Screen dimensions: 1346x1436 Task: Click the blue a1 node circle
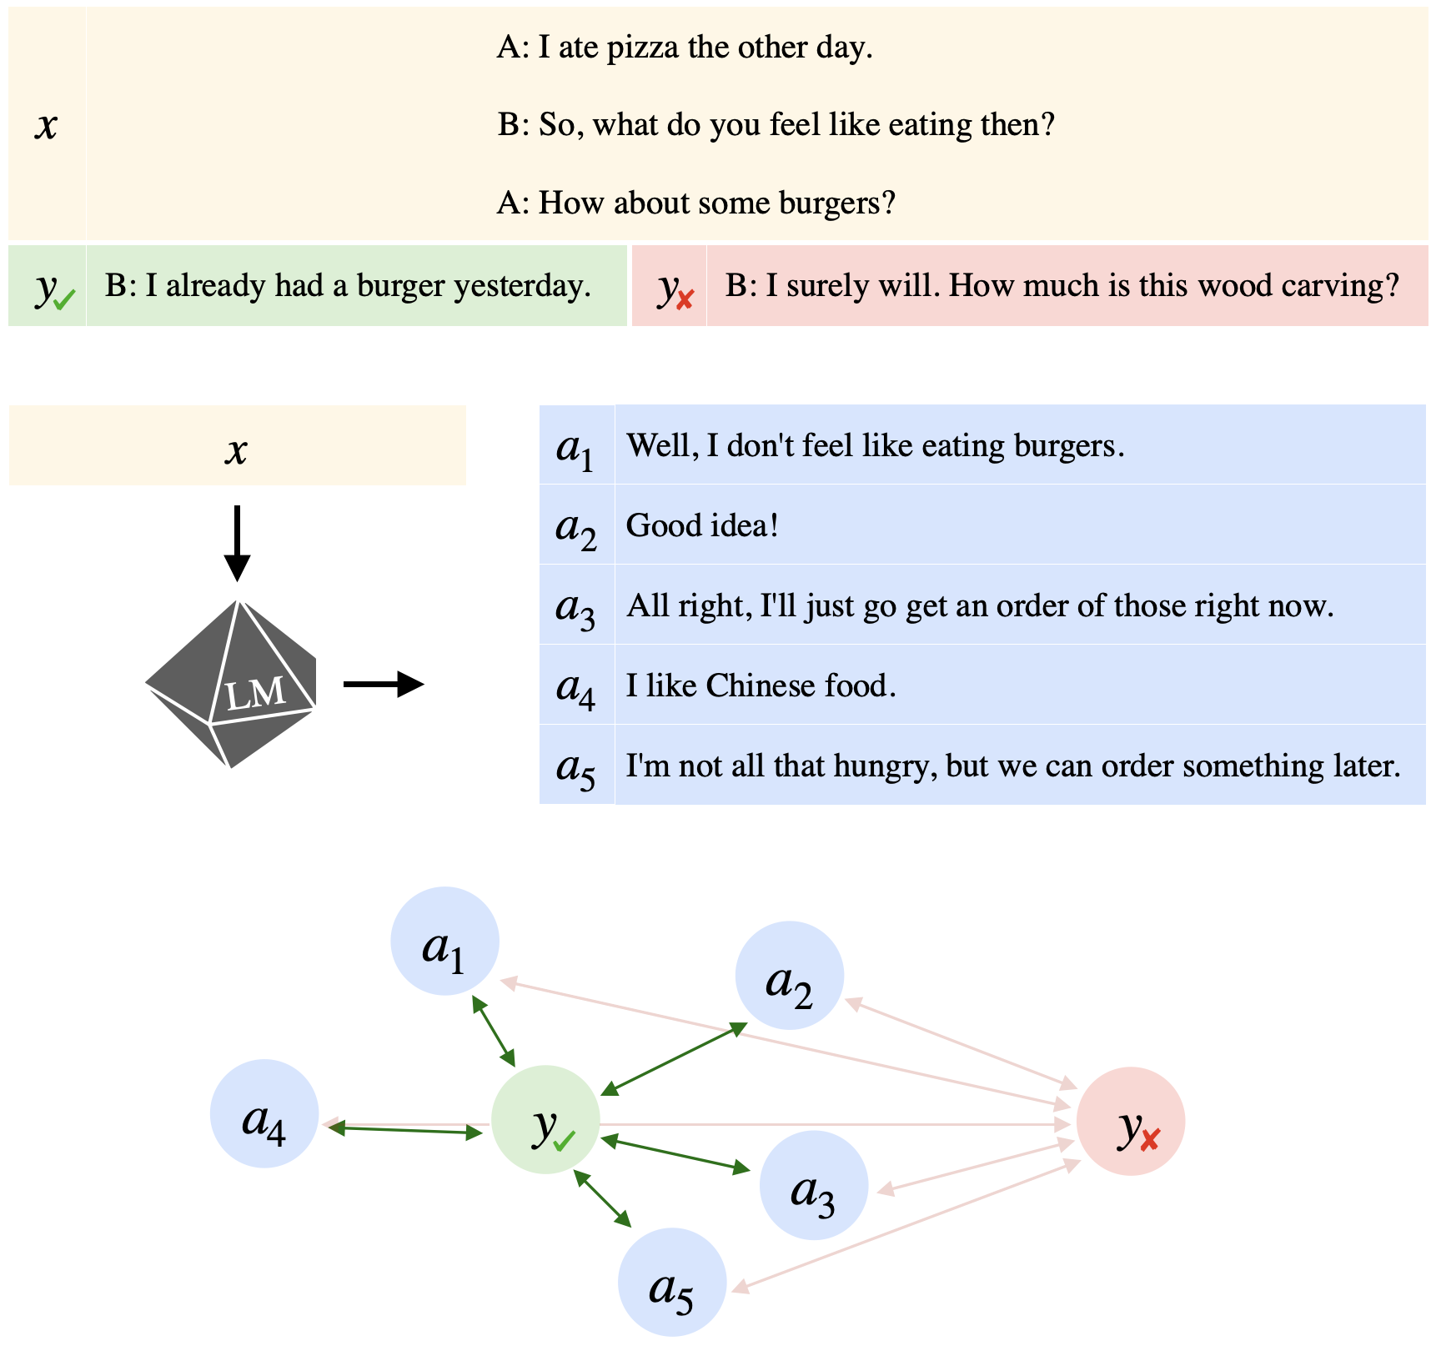pos(444,942)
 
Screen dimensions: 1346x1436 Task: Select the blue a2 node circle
pos(789,976)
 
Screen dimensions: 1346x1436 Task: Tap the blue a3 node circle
pos(813,1185)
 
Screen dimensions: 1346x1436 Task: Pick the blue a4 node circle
pos(264,1113)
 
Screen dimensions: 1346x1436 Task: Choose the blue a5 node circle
pos(671,1283)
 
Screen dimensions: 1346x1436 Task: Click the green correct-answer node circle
pos(545,1119)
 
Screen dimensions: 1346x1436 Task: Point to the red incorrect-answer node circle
pos(1130,1122)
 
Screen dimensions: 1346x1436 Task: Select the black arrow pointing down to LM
pos(237,542)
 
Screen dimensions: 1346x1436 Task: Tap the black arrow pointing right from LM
pos(384,685)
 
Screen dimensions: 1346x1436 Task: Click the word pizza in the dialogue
pos(643,48)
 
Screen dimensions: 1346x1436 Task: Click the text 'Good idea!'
pos(702,525)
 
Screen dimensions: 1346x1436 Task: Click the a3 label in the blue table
pos(575,607)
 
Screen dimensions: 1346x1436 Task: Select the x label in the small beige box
pos(237,450)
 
